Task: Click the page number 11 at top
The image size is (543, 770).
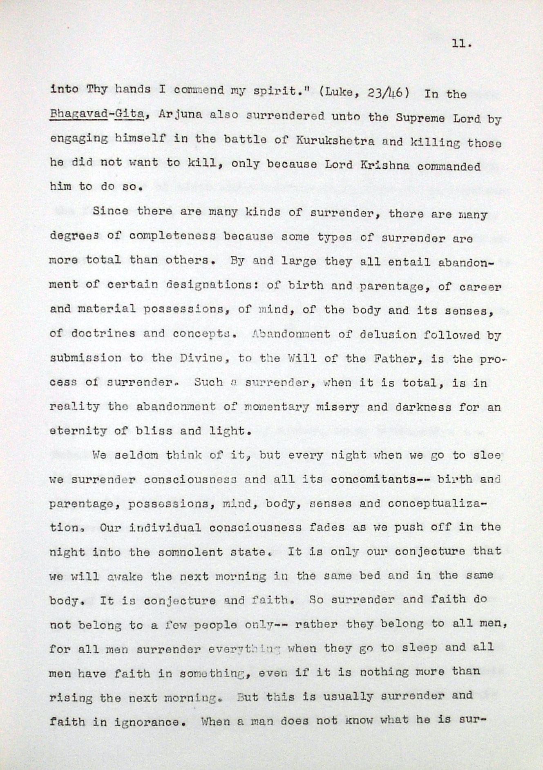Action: (x=461, y=44)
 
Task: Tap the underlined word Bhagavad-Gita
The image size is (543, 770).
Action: (x=97, y=115)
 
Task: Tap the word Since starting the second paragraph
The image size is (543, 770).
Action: (x=110, y=211)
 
